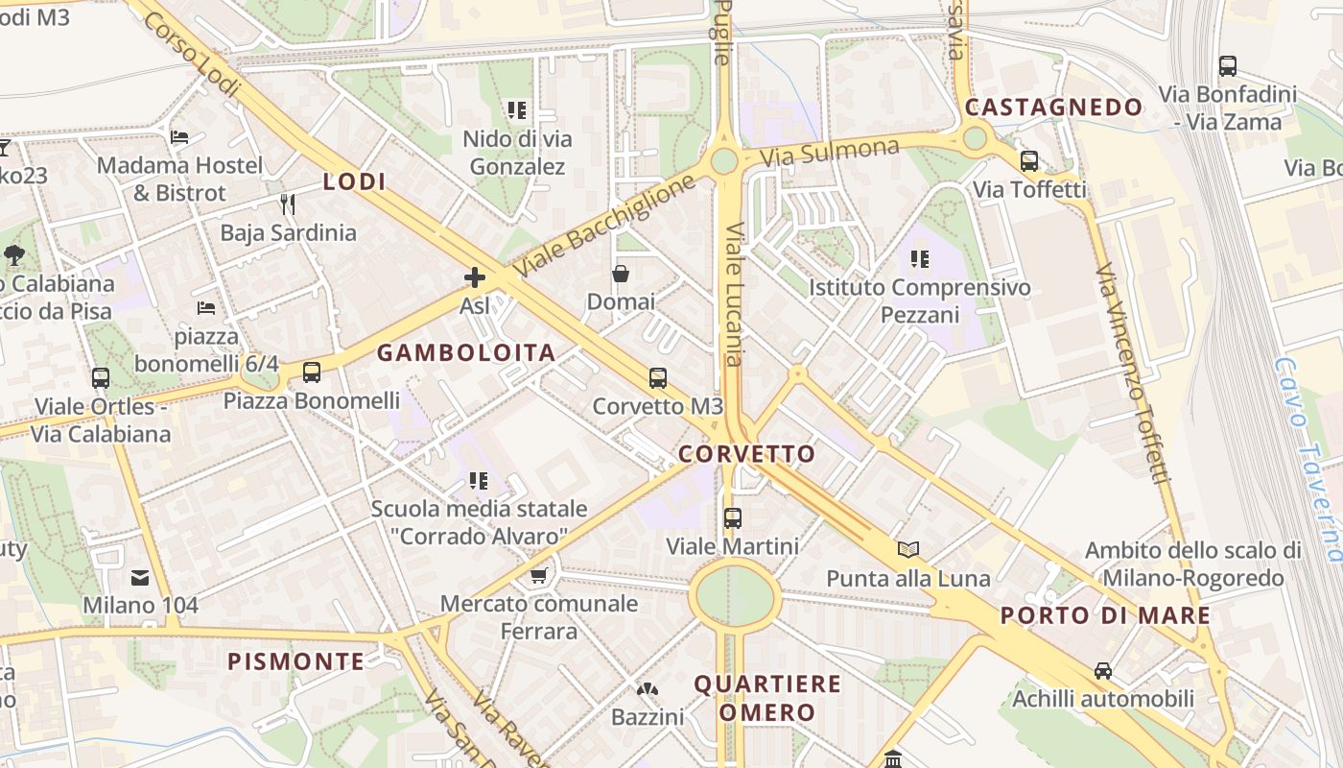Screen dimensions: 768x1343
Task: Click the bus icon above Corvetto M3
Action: click(x=658, y=377)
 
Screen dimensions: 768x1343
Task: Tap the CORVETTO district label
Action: click(x=747, y=454)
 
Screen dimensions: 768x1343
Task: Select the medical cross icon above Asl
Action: click(x=474, y=278)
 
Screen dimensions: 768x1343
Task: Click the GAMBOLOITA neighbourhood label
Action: click(x=466, y=352)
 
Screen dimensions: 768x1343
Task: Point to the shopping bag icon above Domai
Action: click(x=621, y=275)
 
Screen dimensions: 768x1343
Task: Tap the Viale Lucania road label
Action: click(x=734, y=295)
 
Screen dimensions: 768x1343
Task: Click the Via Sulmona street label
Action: click(x=829, y=153)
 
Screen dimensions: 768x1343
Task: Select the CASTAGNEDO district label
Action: click(x=1053, y=107)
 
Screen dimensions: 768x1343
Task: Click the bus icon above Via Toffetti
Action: click(x=1029, y=161)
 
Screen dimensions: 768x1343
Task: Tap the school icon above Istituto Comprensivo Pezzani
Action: click(x=920, y=259)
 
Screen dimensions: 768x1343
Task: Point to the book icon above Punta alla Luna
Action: click(x=907, y=550)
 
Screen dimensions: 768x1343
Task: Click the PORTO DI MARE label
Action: click(x=1105, y=615)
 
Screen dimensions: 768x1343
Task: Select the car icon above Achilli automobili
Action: click(x=1103, y=671)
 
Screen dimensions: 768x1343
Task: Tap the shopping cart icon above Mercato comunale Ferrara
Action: click(x=538, y=576)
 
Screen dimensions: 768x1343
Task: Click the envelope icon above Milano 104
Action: click(x=140, y=578)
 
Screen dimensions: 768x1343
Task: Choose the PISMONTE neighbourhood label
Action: click(x=295, y=660)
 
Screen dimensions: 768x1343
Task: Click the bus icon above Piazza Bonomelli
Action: click(x=311, y=372)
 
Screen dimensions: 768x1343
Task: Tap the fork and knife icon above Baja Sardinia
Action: click(x=287, y=204)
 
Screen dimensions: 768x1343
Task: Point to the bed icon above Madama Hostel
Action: click(x=178, y=137)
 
